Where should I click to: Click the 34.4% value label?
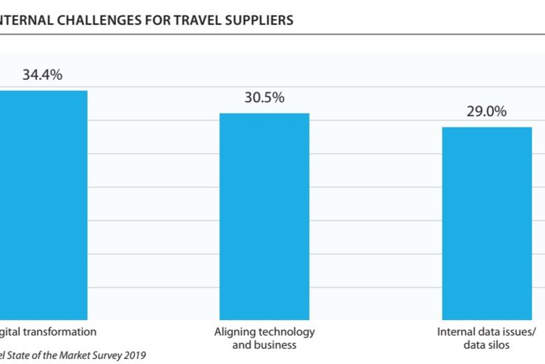(42, 75)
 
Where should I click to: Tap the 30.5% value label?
(264, 97)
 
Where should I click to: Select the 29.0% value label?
(486, 111)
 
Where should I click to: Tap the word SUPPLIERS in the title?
(259, 20)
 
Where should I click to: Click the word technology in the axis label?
(284, 332)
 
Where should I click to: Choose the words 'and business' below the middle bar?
(264, 344)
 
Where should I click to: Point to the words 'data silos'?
(486, 344)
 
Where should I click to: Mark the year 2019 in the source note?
(134, 356)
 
